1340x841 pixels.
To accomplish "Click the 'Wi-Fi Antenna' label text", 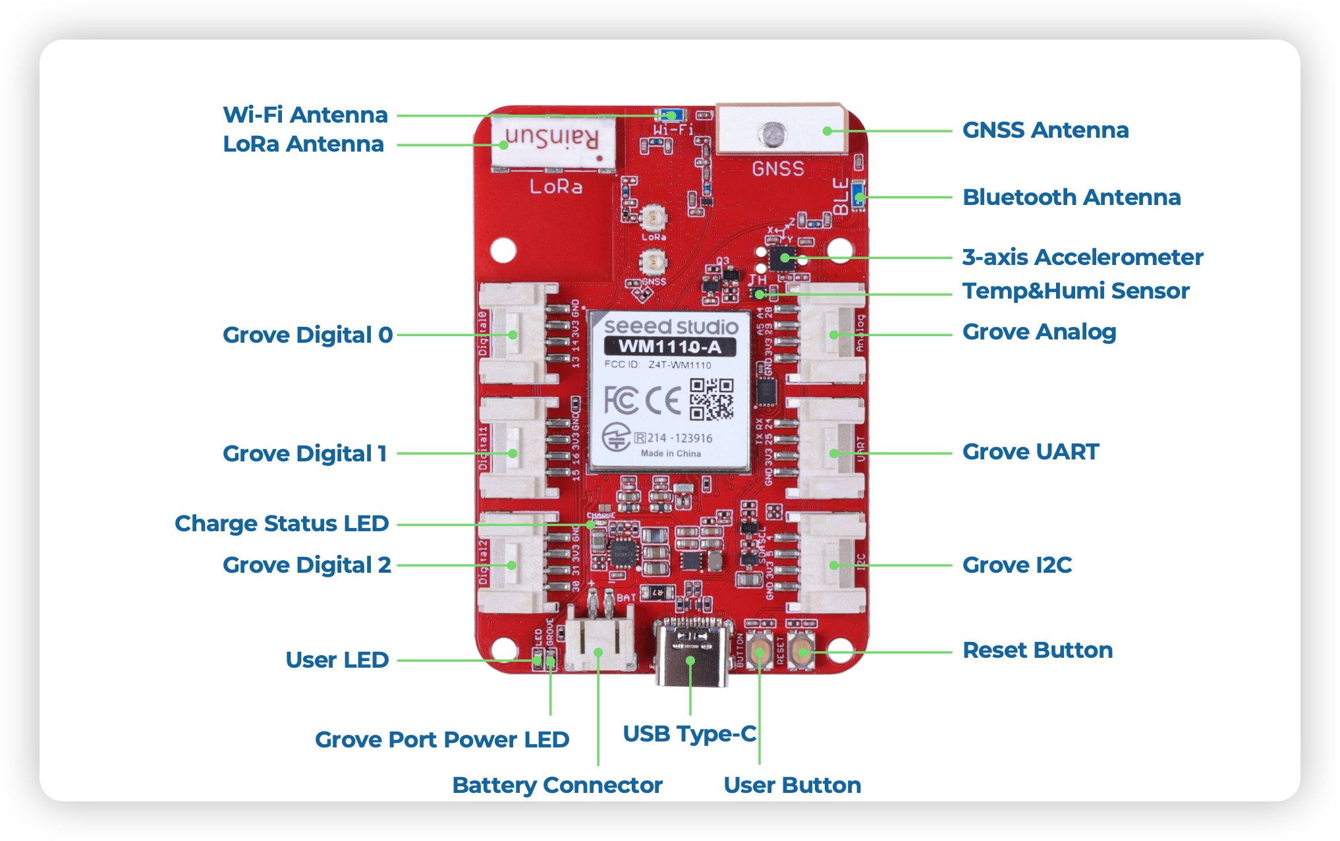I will pos(305,115).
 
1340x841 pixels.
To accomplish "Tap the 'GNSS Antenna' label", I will pos(1045,130).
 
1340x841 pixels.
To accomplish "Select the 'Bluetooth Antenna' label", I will pos(1071,197).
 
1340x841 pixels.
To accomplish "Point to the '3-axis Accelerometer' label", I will pos(1082,257).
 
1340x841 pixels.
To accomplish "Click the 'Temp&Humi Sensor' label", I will pos(1075,291).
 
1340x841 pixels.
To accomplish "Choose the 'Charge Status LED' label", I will pos(281,523).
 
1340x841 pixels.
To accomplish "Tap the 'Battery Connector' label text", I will pos(557,785).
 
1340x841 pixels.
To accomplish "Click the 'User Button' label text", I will pos(792,785).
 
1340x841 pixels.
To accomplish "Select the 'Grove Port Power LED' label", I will pos(441,739).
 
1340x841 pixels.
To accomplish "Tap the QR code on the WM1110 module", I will pos(712,399).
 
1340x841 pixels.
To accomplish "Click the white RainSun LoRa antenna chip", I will pos(553,142).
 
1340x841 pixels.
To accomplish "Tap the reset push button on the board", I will pos(802,652).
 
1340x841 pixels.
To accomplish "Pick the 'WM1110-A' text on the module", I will pos(669,347).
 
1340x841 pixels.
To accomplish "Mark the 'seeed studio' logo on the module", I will pos(671,326).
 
